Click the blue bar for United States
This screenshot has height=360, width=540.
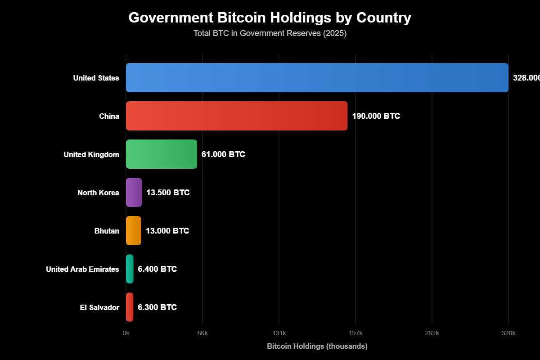pyautogui.click(x=317, y=78)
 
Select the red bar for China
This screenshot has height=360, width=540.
pyautogui.click(x=236, y=116)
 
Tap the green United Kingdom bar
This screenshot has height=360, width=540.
pyautogui.click(x=161, y=154)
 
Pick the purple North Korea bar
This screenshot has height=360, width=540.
pyautogui.click(x=134, y=193)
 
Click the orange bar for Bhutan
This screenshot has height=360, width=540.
pyautogui.click(x=133, y=231)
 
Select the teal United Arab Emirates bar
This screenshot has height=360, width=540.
pyautogui.click(x=130, y=269)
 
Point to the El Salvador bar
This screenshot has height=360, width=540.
pyautogui.click(x=130, y=307)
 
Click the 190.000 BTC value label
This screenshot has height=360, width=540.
pyautogui.click(x=376, y=116)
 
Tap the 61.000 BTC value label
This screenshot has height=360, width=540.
pyautogui.click(x=223, y=154)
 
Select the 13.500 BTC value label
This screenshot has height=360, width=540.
pyautogui.click(x=168, y=193)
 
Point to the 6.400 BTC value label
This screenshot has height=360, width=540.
pyautogui.click(x=157, y=269)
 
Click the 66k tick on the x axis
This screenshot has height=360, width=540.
pyautogui.click(x=202, y=333)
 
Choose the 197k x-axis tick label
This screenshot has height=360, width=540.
pyautogui.click(x=355, y=333)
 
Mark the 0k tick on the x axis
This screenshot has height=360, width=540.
pyautogui.click(x=126, y=333)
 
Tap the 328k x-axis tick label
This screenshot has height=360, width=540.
pyautogui.click(x=508, y=333)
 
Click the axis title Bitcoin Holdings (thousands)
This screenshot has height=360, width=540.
pyautogui.click(x=317, y=346)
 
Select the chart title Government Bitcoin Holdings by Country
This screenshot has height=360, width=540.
pyautogui.click(x=270, y=18)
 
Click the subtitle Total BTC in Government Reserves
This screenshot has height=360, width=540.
pyautogui.click(x=270, y=33)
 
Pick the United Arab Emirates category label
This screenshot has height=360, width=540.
pyautogui.click(x=82, y=269)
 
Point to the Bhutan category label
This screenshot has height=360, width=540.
pyautogui.click(x=107, y=231)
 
